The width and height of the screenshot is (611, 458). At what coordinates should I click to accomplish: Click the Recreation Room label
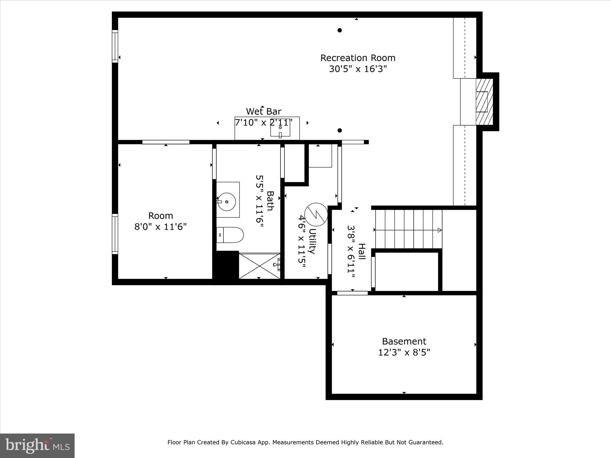point(358,58)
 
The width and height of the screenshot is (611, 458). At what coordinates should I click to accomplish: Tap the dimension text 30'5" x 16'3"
point(358,69)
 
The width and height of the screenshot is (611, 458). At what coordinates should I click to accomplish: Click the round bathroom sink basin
point(226,202)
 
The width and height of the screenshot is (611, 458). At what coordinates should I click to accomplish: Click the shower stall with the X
point(259,266)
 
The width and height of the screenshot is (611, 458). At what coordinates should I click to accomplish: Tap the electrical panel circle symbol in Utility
point(316,215)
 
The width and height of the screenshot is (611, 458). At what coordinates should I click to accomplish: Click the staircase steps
point(408,229)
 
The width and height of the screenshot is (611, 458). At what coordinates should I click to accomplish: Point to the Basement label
point(404,341)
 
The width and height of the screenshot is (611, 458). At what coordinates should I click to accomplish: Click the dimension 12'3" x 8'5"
point(404,353)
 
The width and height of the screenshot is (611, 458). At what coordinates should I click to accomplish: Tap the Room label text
point(161,216)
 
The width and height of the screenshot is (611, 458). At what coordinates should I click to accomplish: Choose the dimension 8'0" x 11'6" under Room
point(161,227)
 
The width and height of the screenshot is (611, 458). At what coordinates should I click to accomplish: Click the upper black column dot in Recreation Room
point(340,30)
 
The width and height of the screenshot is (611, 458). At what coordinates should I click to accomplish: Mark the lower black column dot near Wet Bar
point(340,130)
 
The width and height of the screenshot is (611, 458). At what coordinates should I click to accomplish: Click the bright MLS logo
point(37,445)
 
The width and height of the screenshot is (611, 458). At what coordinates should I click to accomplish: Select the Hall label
point(361,251)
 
